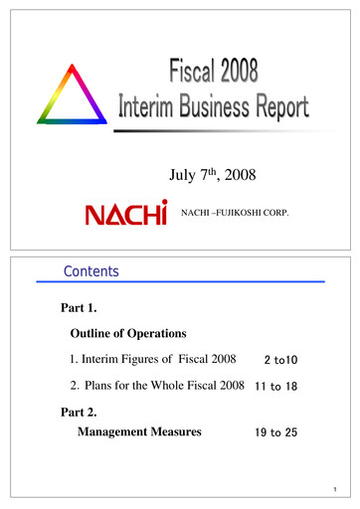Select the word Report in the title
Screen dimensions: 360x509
[x=272, y=107]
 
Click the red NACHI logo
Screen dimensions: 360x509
[x=125, y=214]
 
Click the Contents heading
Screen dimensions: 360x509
[x=90, y=270]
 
